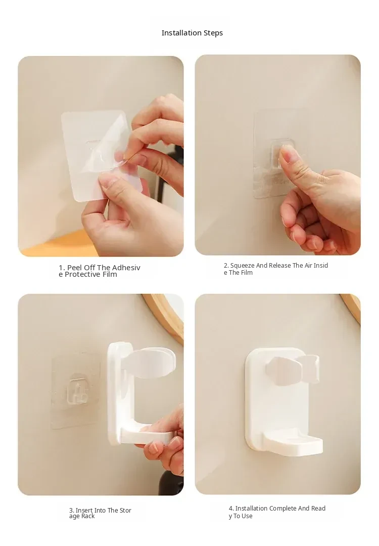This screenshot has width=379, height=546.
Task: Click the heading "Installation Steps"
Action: (192, 33)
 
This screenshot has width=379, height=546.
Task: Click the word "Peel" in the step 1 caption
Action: (74, 267)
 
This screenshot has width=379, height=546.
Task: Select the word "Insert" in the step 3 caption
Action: (84, 510)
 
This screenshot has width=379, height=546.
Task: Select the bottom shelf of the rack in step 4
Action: (293, 442)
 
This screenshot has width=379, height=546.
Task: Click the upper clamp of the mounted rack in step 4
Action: (293, 368)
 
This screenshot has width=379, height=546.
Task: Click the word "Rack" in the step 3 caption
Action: (88, 517)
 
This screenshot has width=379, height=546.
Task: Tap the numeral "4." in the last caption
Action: (231, 509)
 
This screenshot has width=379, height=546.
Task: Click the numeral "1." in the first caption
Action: (62, 268)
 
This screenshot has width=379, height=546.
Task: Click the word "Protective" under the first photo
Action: (82, 274)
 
